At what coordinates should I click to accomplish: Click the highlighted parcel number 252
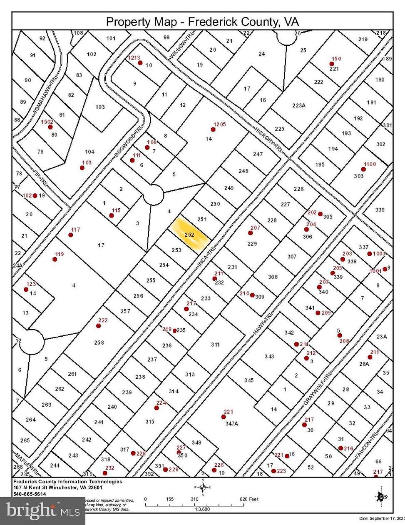click(189, 235)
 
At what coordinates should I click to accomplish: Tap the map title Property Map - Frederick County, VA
click(202, 22)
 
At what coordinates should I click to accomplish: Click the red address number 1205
click(219, 125)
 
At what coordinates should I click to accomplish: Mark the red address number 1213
click(134, 58)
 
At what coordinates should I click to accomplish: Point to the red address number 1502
click(47, 122)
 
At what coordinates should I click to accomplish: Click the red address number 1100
click(370, 164)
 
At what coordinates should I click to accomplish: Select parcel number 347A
click(231, 423)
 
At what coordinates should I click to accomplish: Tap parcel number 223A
click(299, 105)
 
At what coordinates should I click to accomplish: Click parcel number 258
click(99, 342)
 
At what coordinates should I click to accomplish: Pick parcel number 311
click(215, 345)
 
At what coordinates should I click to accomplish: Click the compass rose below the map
click(203, 487)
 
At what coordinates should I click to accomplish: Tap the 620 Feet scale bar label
click(249, 499)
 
